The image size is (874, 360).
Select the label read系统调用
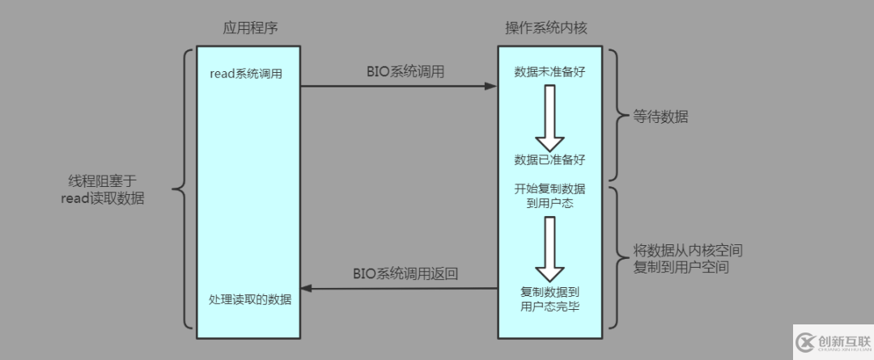tap(245, 74)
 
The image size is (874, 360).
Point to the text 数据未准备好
tap(549, 72)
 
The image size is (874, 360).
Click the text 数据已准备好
tap(549, 159)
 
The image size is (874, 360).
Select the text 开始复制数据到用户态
tap(549, 196)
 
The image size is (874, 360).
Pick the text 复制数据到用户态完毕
tap(549, 299)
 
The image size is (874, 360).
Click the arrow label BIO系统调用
tap(405, 71)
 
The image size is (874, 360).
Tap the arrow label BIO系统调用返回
tap(405, 273)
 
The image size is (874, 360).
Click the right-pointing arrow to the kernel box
tap(397, 85)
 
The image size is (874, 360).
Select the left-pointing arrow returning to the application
tap(397, 287)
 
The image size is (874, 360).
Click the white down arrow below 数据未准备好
tap(549, 116)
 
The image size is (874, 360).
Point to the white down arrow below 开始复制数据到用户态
tap(549, 248)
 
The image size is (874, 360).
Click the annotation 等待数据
tap(661, 116)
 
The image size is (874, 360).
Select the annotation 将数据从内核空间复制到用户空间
tap(689, 258)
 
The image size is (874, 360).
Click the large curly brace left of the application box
tap(183, 192)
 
